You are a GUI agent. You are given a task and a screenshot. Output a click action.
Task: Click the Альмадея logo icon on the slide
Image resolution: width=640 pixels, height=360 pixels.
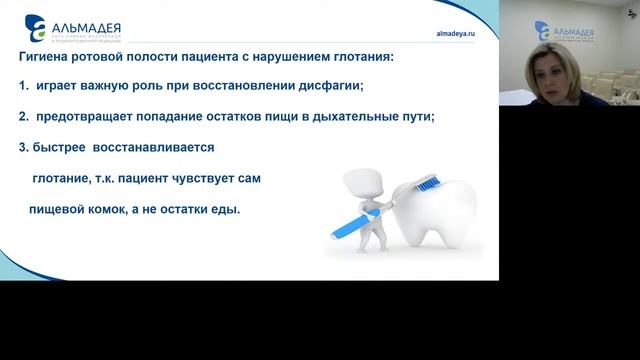(x=35, y=23)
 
